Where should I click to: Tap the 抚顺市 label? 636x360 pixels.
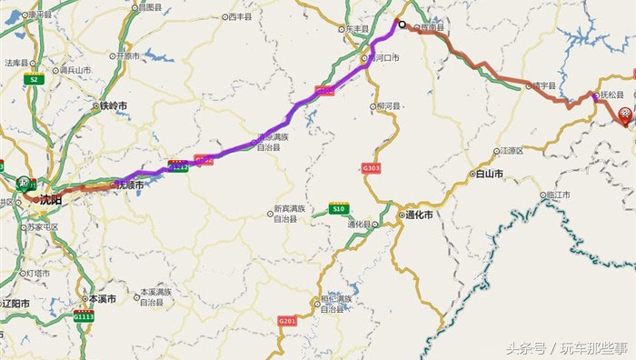[x=128, y=185]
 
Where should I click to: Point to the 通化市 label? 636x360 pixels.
[x=418, y=215]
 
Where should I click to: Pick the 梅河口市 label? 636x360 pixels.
[x=384, y=56]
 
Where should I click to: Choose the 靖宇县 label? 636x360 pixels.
[x=542, y=85]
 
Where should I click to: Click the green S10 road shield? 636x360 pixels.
[x=339, y=208]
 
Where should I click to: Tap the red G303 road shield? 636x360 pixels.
[x=371, y=168]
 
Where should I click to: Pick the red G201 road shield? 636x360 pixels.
[x=288, y=320]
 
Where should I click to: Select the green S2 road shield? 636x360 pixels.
[x=35, y=80]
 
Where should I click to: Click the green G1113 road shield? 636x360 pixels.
[x=84, y=316]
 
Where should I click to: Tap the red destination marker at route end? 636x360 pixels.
[x=626, y=115]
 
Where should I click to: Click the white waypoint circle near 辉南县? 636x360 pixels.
[x=401, y=24]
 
